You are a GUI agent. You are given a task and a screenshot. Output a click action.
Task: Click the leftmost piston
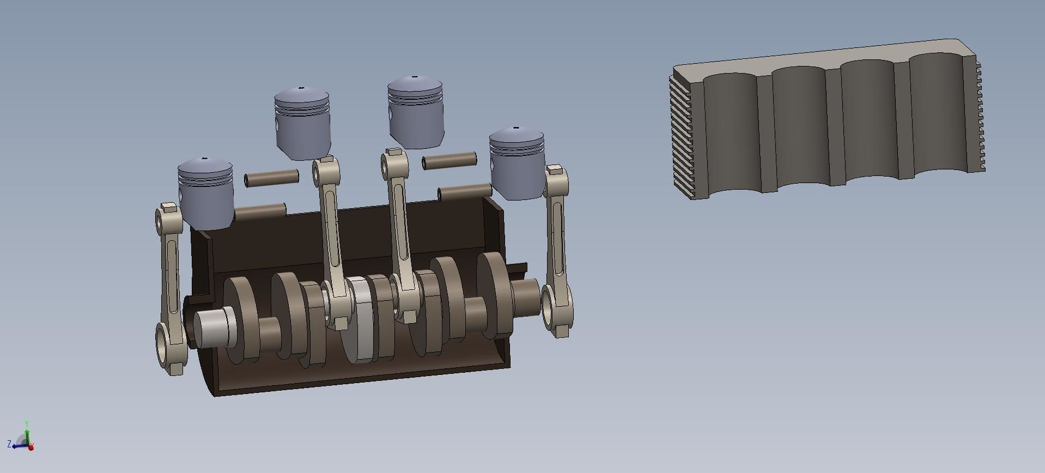pos(206,196)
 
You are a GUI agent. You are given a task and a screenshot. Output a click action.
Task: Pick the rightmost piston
pos(517,166)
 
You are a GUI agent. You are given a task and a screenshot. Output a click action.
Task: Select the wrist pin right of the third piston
pos(450,161)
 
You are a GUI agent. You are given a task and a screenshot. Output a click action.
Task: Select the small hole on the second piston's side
pos(277,125)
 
